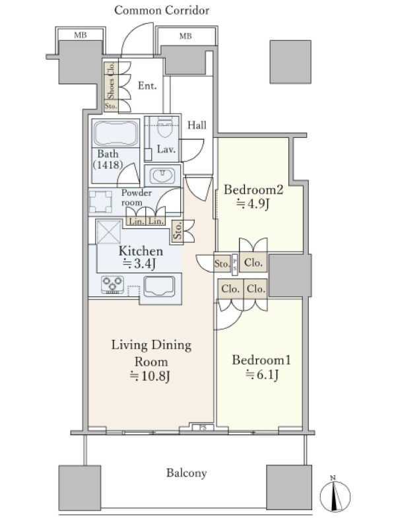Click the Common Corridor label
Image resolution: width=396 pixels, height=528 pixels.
tap(162, 10)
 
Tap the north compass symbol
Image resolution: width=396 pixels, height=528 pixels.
tap(335, 496)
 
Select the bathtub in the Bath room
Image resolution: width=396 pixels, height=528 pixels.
tap(116, 133)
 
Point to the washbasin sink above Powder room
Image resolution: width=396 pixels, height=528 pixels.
tap(162, 175)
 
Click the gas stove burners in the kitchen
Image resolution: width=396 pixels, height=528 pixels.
tap(112, 284)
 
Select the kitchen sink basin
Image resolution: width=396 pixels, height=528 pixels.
tap(159, 286)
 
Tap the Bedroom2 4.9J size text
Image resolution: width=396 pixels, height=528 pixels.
tap(253, 204)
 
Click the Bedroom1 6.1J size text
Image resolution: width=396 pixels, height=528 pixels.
tap(262, 374)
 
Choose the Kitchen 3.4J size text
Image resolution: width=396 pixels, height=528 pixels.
tap(141, 257)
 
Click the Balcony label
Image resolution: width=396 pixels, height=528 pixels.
tap(186, 473)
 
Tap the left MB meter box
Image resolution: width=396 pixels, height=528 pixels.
tap(80, 34)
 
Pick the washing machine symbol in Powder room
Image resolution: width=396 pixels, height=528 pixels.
tap(100, 202)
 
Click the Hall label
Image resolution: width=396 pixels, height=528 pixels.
tap(197, 125)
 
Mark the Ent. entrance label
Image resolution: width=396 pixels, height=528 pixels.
tap(147, 86)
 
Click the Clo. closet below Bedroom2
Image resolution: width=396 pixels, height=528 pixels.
tap(253, 262)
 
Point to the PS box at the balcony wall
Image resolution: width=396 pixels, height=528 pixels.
tap(203, 428)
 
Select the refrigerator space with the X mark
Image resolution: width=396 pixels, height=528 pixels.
tap(108, 232)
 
